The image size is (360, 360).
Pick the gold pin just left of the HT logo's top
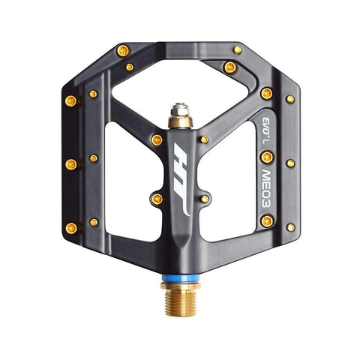156,140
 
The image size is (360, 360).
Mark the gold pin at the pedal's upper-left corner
121,51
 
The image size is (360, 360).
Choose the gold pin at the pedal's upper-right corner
238,50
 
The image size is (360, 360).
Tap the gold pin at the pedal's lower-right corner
290,226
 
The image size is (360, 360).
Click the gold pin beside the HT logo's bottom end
157,198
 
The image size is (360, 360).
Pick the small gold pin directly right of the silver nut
204,139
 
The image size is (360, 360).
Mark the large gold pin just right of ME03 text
267,157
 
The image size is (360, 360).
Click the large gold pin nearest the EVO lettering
267,93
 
